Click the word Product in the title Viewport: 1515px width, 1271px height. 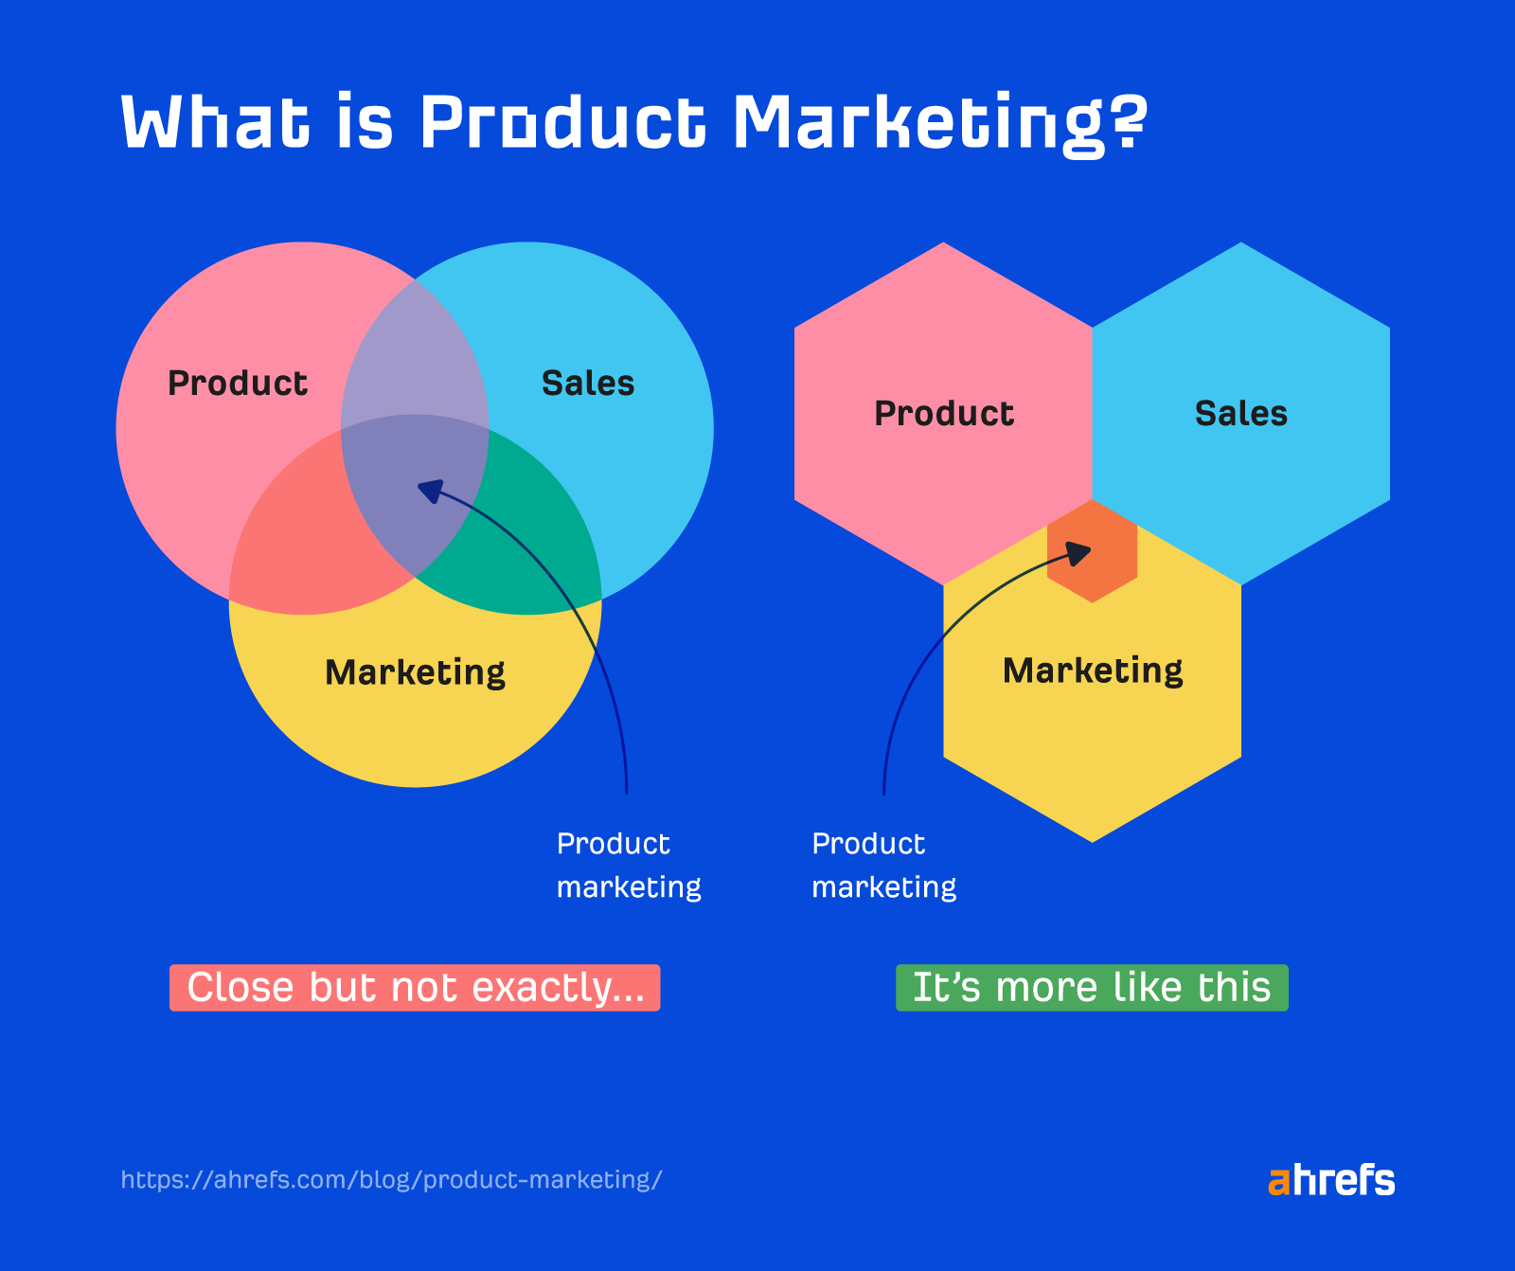coord(562,123)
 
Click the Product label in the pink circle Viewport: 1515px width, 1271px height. coord(238,384)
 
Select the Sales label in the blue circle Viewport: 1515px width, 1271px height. coord(588,384)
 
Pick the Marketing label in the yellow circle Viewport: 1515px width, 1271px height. coord(415,672)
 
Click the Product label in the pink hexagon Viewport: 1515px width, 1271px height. coord(944,414)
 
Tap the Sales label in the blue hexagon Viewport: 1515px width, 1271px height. coord(1240,414)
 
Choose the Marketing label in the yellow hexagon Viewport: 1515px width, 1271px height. coord(1093,671)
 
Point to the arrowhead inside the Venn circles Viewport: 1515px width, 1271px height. coord(429,491)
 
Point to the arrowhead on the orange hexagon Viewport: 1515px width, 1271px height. coord(1079,552)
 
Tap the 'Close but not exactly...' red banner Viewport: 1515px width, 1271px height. coord(415,988)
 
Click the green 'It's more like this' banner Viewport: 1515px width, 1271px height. coord(1092,988)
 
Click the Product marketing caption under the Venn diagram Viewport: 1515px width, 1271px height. coord(628,866)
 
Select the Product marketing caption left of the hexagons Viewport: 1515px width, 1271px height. coord(883,866)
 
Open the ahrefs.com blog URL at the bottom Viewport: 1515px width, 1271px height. coord(391,1180)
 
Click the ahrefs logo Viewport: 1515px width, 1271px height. coord(1331,1180)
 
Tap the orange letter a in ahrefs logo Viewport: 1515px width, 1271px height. coord(1278,1182)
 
